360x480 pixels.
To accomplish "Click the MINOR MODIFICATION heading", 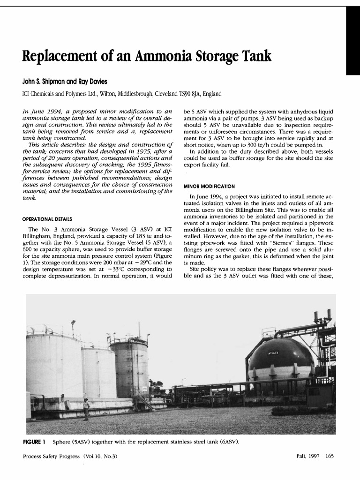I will [209, 186].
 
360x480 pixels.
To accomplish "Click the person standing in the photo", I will [86, 408].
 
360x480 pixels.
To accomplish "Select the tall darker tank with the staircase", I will [129, 368].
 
